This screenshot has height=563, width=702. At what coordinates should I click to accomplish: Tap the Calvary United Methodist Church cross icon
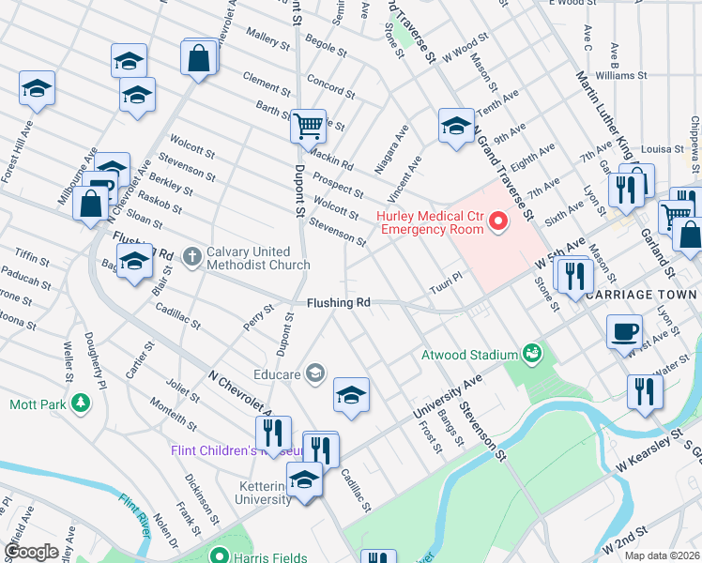192,256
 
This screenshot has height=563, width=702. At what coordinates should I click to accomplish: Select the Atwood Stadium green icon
533,354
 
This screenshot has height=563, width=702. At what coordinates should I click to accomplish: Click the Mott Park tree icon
82,404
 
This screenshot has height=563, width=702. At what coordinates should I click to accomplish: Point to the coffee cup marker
624,332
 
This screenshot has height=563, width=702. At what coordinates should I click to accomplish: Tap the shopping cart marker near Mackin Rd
308,125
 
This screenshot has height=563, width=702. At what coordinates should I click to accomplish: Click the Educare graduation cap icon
314,374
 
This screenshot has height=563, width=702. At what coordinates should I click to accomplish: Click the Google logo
31,551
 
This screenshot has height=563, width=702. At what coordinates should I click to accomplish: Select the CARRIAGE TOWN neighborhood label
642,295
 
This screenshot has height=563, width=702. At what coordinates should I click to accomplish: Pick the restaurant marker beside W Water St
643,390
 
